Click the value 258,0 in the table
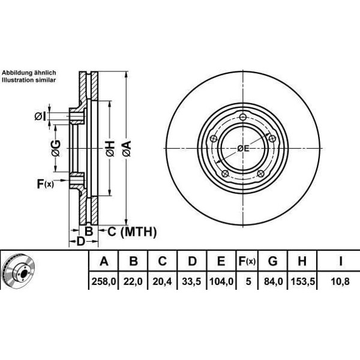pyautogui.click(x=104, y=281)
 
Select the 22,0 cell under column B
pyautogui.click(x=133, y=281)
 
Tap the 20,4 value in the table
pyautogui.click(x=162, y=281)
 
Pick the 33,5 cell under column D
pyautogui.click(x=191, y=281)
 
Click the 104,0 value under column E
pyautogui.click(x=221, y=281)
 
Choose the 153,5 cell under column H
pyautogui.click(x=302, y=281)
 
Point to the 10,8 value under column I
pyautogui.click(x=340, y=281)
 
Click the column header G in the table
pyautogui.click(x=273, y=261)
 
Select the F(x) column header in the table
pyautogui.click(x=247, y=261)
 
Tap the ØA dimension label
pyautogui.click(x=127, y=149)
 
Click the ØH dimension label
pyautogui.click(x=110, y=149)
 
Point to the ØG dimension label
pyautogui.click(x=56, y=148)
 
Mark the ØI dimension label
pyautogui.click(x=40, y=116)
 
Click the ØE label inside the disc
pyautogui.click(x=243, y=149)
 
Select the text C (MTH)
pyautogui.click(x=132, y=232)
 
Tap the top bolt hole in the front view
pyautogui.click(x=243, y=118)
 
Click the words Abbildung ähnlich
pyautogui.click(x=29, y=73)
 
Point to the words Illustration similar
pyautogui.click(x=29, y=80)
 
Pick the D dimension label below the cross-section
pyautogui.click(x=80, y=241)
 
